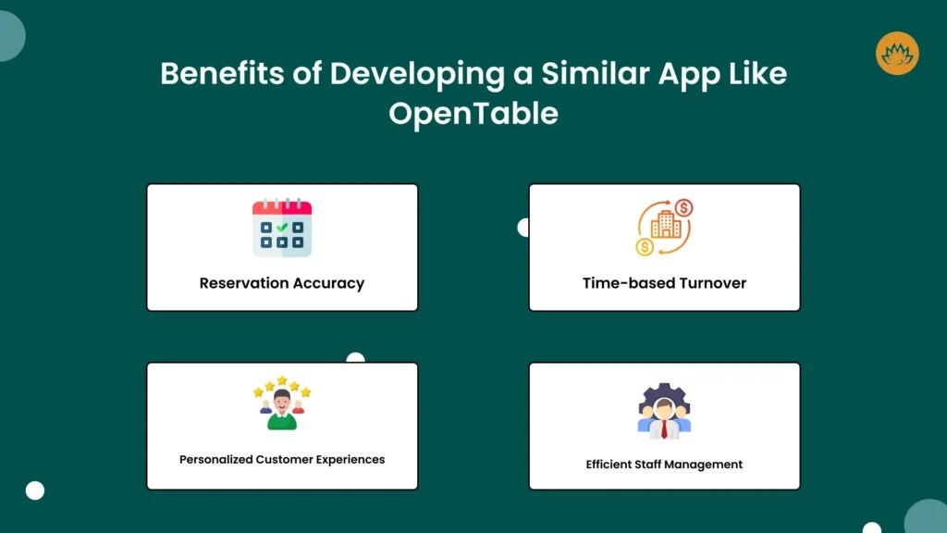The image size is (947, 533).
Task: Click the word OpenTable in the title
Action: tap(473, 113)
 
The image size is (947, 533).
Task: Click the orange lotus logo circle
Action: tap(896, 53)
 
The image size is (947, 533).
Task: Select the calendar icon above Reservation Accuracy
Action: tap(282, 228)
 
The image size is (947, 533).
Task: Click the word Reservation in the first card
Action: tap(243, 283)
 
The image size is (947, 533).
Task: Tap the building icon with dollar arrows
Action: tap(664, 228)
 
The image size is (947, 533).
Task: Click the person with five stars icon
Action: tap(282, 403)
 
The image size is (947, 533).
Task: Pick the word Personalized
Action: tap(215, 459)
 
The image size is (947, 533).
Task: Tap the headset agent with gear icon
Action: tap(664, 411)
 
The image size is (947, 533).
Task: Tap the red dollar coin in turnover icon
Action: tap(684, 208)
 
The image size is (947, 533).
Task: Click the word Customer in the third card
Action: tap(284, 459)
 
